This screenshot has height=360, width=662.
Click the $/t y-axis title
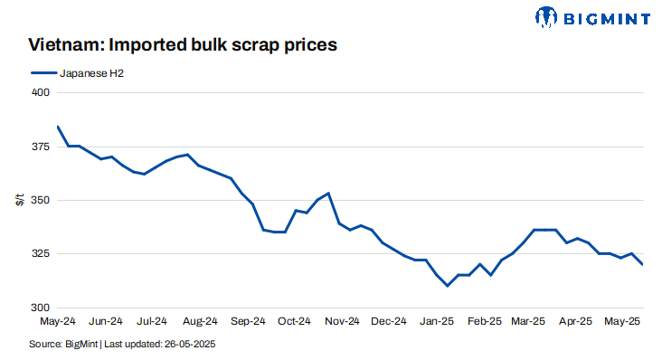[x=19, y=199]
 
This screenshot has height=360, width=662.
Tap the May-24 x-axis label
[x=58, y=320]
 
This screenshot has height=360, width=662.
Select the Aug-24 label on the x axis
[x=200, y=320]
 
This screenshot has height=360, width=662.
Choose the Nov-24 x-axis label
[x=342, y=320]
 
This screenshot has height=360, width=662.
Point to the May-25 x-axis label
[x=624, y=320]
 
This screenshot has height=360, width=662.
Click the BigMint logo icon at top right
[x=546, y=16]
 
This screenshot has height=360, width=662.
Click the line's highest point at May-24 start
[x=58, y=127]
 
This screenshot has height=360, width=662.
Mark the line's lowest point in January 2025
[x=448, y=286]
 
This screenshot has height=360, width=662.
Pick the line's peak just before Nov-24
[x=328, y=193]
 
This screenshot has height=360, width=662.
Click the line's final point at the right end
[x=642, y=264]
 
